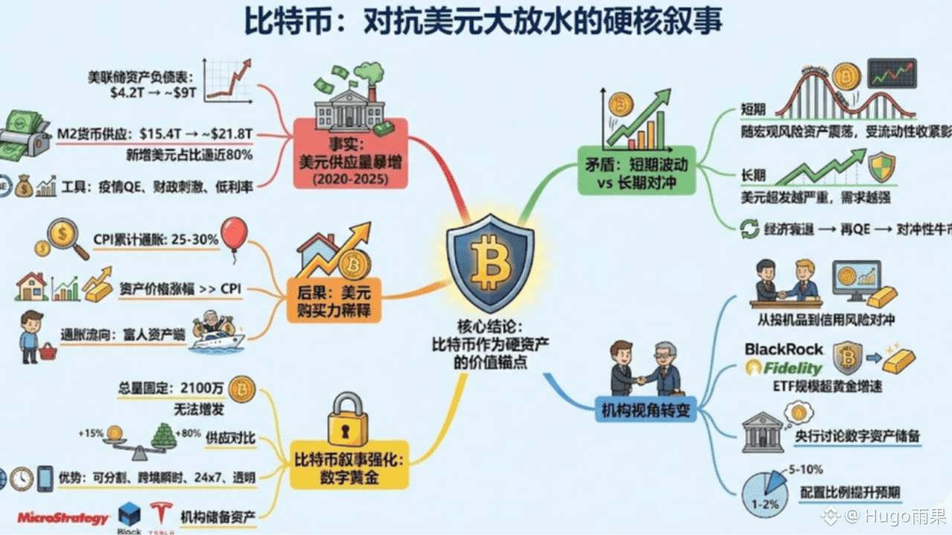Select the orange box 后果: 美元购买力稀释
tap(334, 299)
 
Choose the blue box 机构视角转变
tap(645, 407)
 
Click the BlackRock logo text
tap(784, 348)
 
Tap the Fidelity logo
tap(784, 368)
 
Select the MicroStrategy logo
tap(63, 518)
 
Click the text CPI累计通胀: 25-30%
tap(155, 240)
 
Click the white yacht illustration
tap(216, 340)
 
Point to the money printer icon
tap(22, 137)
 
